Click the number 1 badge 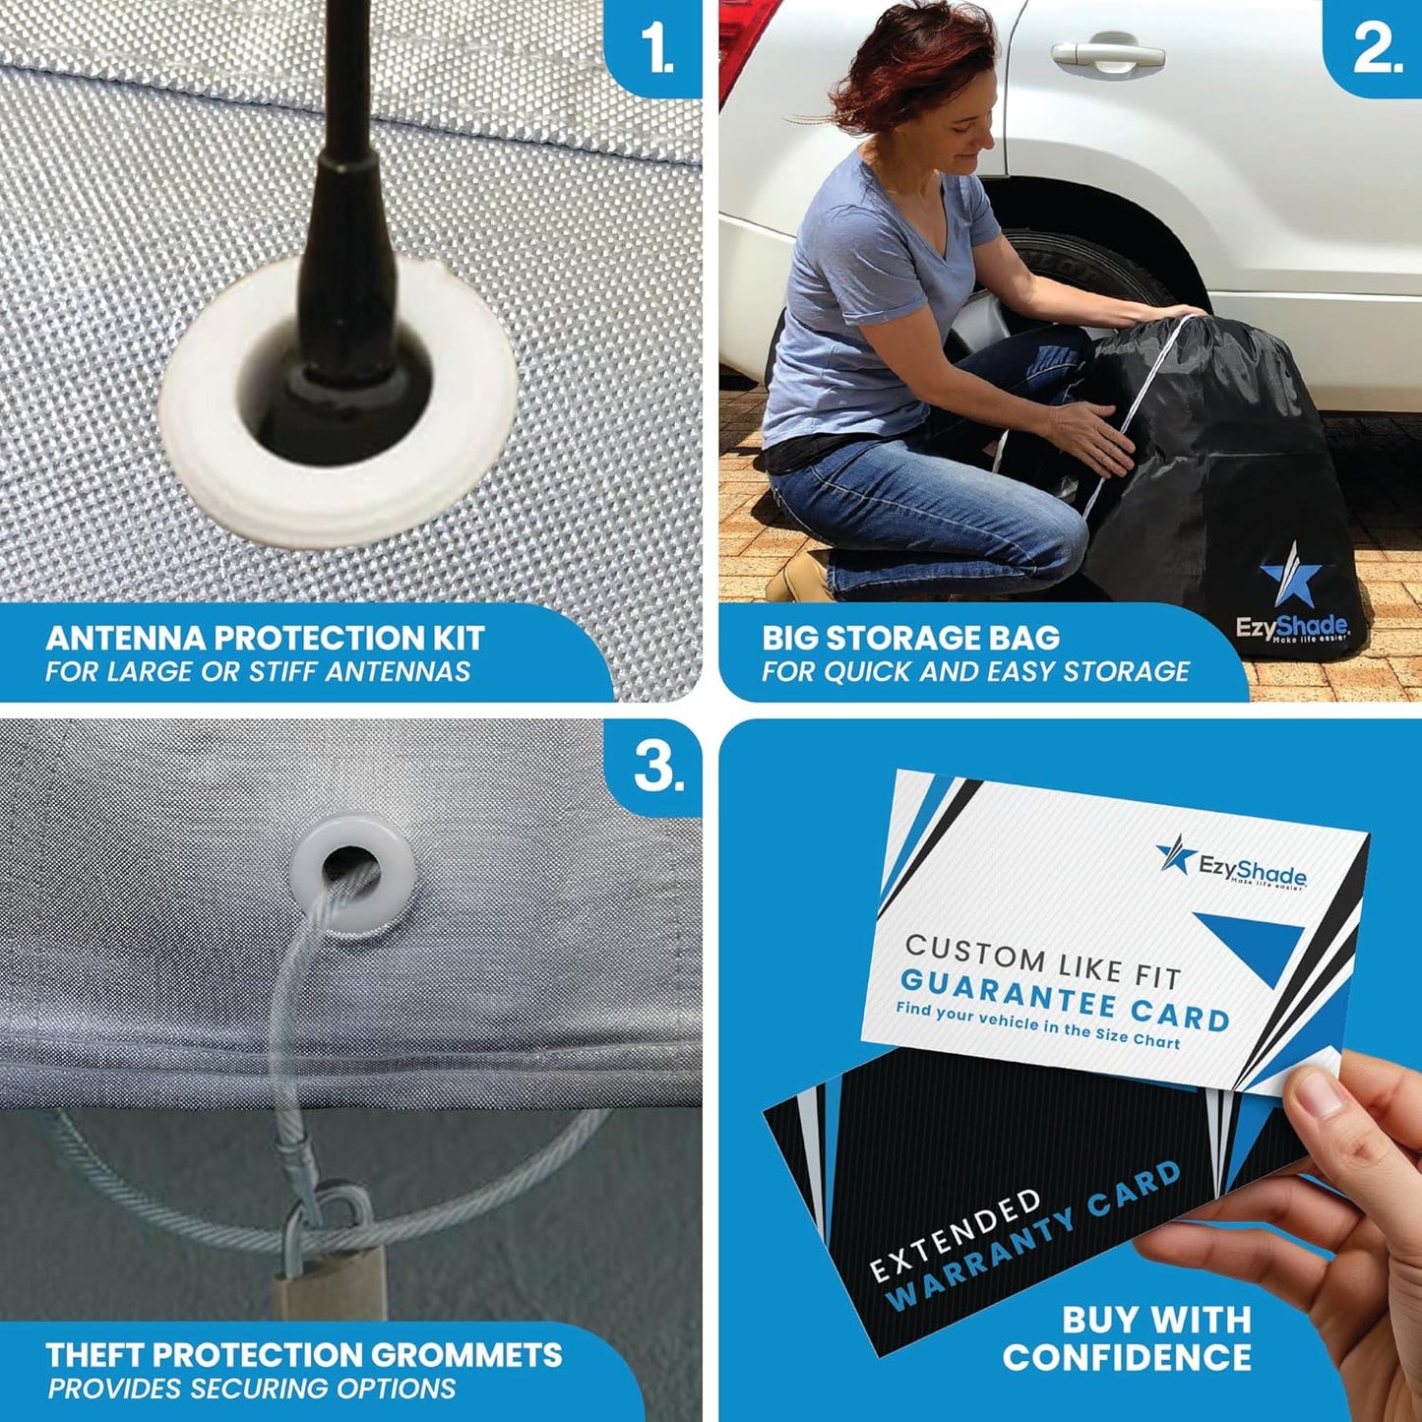(655, 47)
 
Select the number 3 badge (657, 766)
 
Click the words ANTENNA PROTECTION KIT (265, 638)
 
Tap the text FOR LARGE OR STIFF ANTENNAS (258, 672)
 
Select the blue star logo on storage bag (1290, 575)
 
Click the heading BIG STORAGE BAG (910, 638)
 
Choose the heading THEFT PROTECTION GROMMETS (304, 1355)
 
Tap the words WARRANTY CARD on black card (1033, 1244)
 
